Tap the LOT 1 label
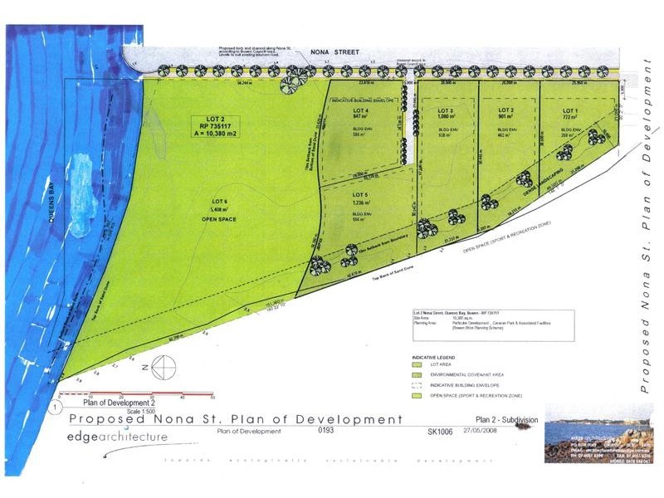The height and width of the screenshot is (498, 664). (569, 110)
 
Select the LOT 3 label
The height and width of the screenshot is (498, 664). (446, 110)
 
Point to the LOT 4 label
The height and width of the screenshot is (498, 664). (360, 110)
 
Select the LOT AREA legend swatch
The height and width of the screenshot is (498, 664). (420, 364)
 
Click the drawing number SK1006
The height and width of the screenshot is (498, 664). (440, 432)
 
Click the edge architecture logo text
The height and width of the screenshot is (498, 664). (117, 437)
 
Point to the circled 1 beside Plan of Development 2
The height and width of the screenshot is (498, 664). (56, 408)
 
